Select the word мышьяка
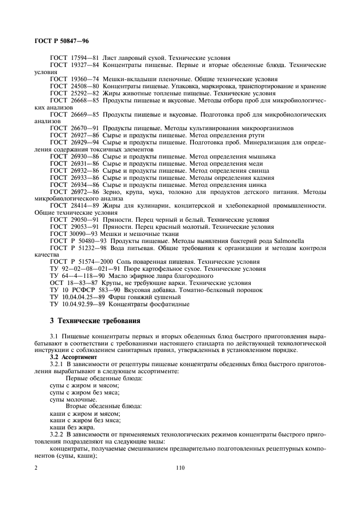point(262,156)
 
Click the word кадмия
point(263,178)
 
